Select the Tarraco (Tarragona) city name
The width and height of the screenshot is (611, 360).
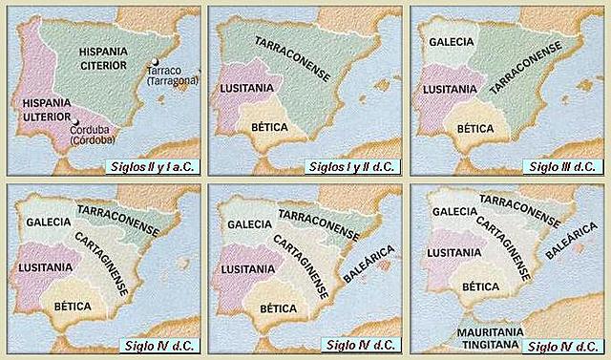coord(174,75)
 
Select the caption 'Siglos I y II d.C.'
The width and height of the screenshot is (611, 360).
coord(353,167)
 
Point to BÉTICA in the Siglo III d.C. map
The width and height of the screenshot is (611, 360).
coord(474,126)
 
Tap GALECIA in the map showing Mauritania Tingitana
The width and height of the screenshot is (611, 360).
coord(455,212)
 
